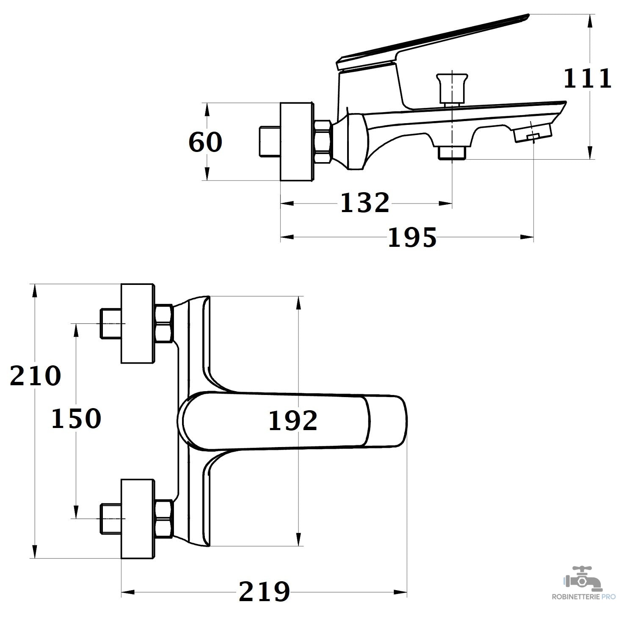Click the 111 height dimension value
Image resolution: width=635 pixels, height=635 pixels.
(587, 79)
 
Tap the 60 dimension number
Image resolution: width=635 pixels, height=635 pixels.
(205, 142)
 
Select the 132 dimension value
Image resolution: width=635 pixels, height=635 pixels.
(364, 203)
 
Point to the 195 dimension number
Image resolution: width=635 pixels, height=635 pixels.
(412, 237)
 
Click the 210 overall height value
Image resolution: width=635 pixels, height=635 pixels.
(36, 375)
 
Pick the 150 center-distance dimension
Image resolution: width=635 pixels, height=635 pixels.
(76, 419)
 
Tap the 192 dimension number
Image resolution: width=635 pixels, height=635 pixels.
(293, 421)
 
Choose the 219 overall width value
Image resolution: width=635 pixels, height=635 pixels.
(265, 591)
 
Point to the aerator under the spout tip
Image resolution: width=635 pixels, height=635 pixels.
(533, 133)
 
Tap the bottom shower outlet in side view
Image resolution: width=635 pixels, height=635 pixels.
(452, 153)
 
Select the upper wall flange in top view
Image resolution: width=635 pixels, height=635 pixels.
(138, 323)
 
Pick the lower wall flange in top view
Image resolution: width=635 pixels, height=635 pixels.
(138, 519)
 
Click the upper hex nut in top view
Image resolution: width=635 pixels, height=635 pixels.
(164, 323)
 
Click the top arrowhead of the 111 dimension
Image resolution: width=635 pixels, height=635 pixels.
(590, 20)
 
